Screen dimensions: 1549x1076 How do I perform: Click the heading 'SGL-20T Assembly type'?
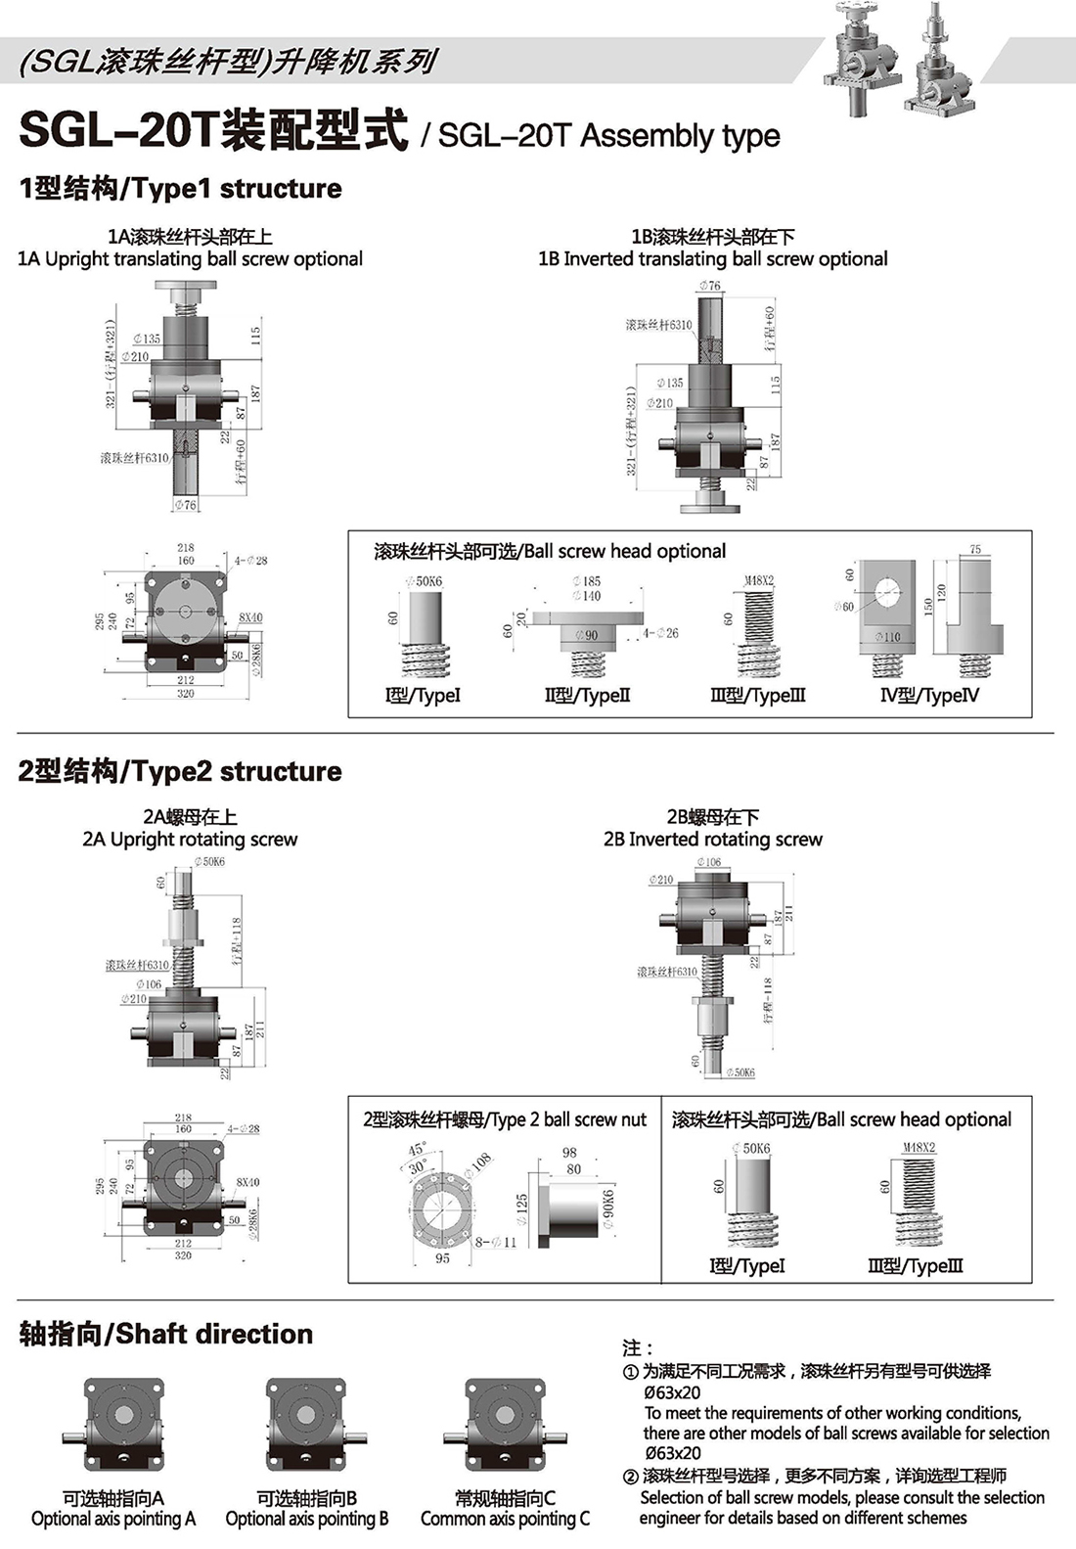pos(608,135)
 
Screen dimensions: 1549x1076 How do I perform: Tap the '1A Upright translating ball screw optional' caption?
pos(190,259)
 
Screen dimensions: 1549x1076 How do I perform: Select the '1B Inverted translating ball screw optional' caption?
pos(712,259)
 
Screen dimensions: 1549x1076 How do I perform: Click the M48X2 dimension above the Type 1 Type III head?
pos(759,580)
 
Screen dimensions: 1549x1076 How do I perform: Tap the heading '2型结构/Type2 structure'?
pos(180,771)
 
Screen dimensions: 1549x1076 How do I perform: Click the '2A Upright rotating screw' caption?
pos(190,840)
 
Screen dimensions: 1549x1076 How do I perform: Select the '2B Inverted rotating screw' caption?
pos(712,840)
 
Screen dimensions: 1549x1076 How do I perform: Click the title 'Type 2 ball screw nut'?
pos(505,1119)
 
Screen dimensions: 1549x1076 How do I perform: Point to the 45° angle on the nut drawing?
pos(417,1150)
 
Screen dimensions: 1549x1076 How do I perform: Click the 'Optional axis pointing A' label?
pos(113,1519)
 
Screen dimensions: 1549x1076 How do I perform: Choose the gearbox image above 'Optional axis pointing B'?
pos(307,1425)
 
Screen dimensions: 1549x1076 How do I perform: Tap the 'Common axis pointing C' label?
pos(505,1519)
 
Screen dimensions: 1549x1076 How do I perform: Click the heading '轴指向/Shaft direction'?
pos(166,1334)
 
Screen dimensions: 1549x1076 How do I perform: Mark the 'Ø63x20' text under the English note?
pos(673,1453)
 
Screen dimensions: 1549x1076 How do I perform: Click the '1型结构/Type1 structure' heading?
pos(180,188)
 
